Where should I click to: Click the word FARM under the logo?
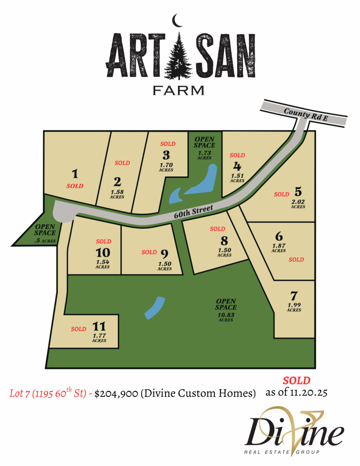(x=179, y=90)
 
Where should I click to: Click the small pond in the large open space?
(x=155, y=308)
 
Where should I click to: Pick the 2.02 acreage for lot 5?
(x=298, y=202)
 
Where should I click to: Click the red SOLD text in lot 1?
(x=75, y=186)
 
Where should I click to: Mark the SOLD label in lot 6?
(x=296, y=259)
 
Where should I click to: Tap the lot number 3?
(x=166, y=155)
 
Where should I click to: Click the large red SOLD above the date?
(x=296, y=380)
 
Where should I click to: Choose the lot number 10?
(x=103, y=253)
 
